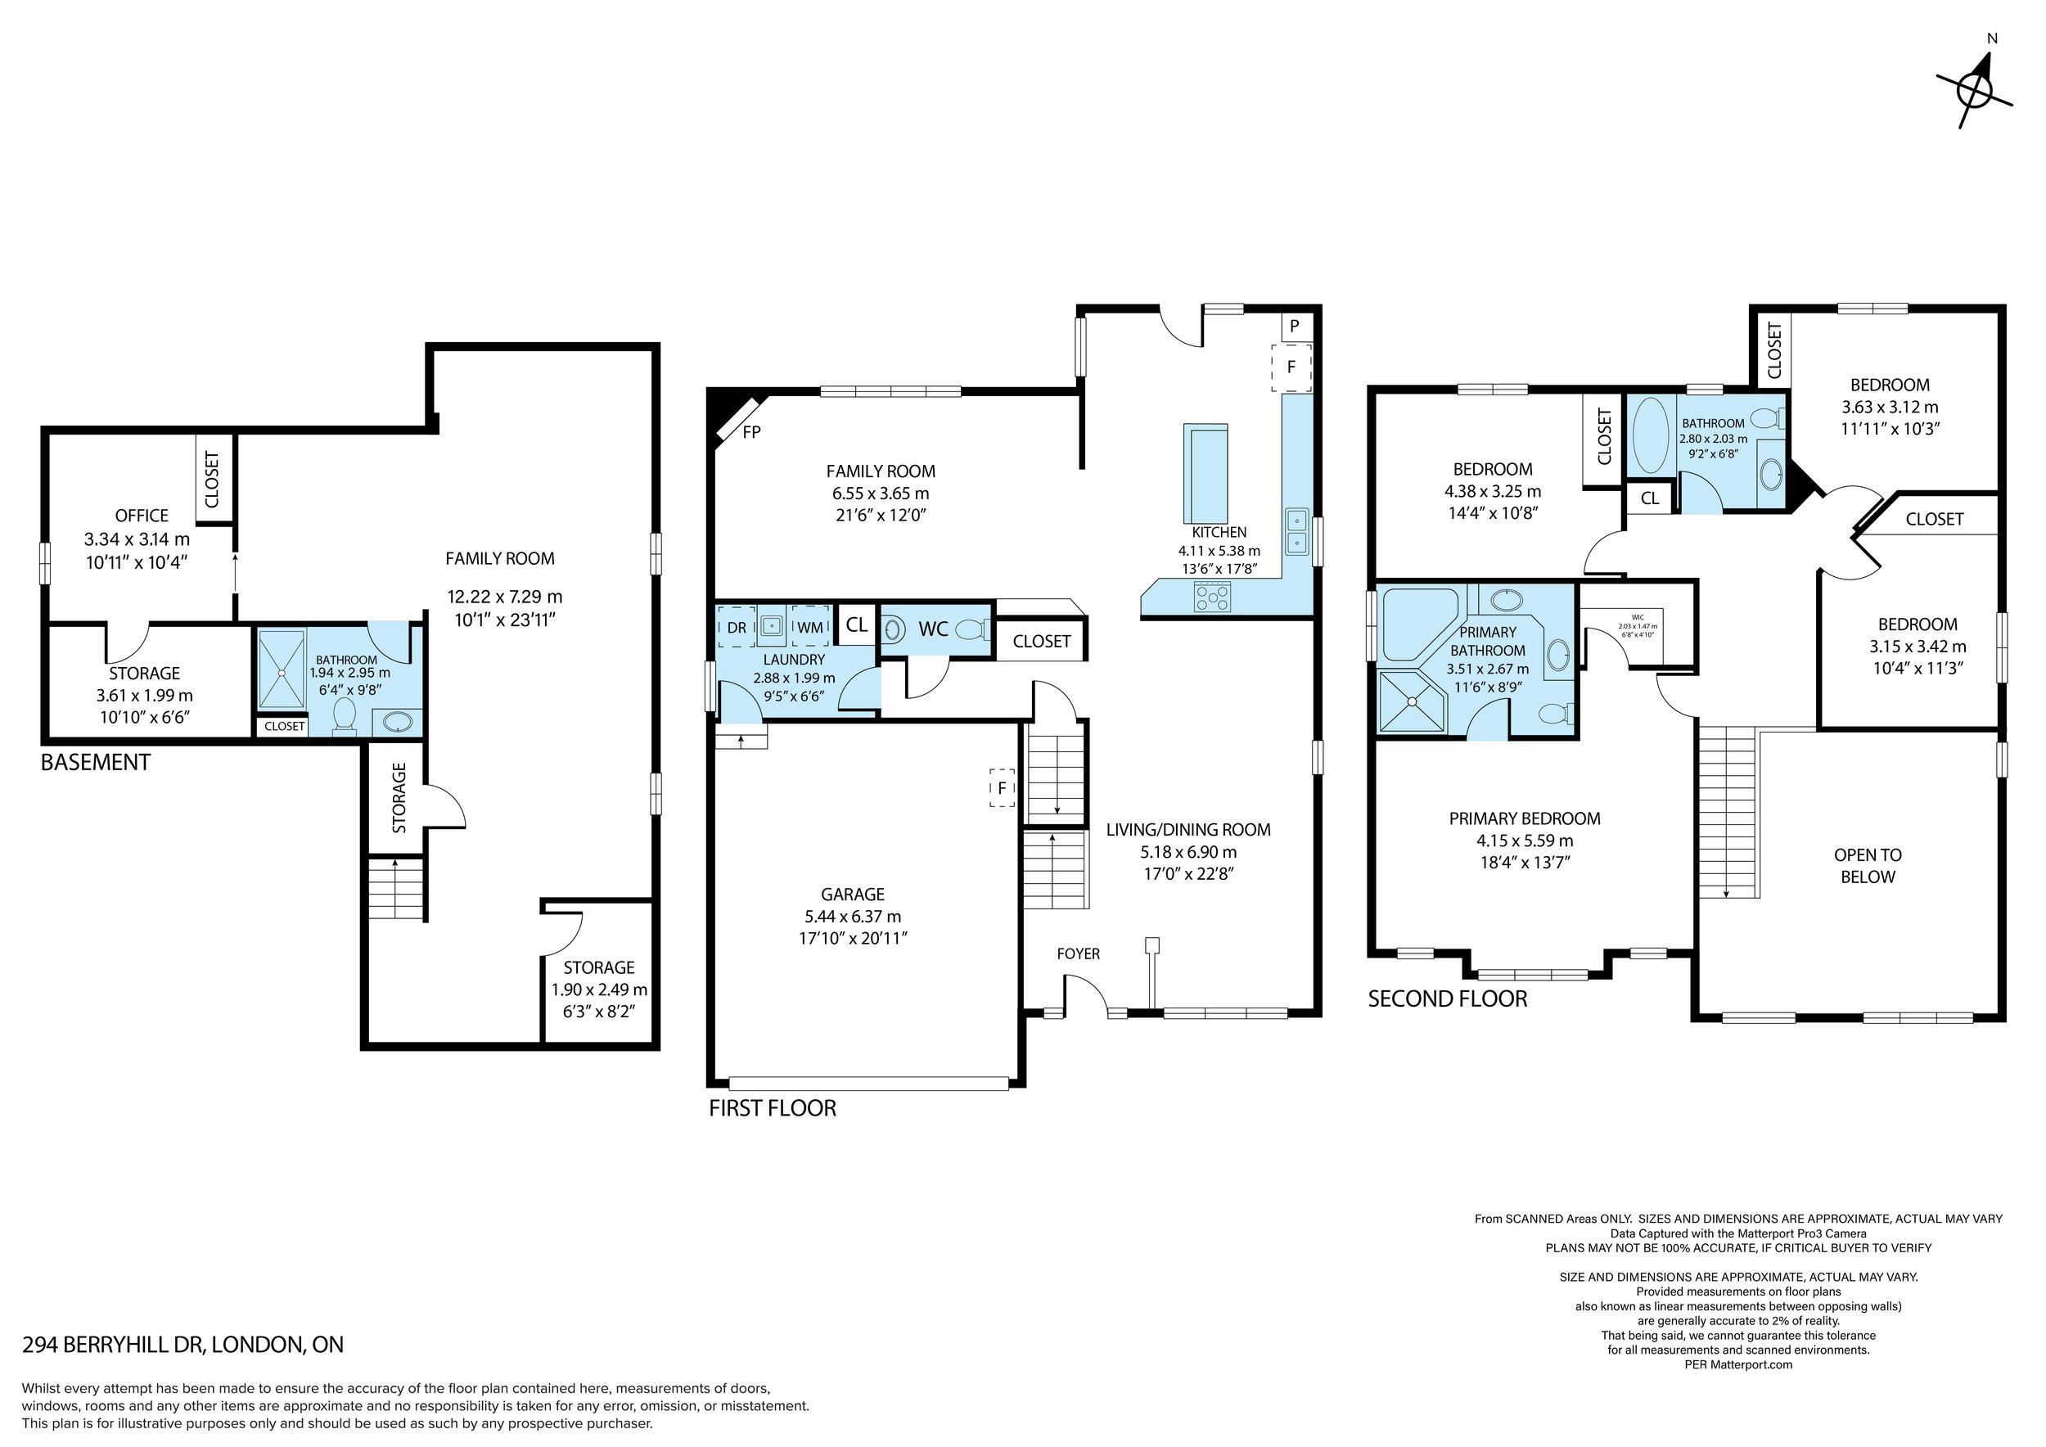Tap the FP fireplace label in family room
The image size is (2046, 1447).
[751, 432]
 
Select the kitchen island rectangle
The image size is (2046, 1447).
[1205, 473]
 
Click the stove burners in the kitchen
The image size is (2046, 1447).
[1213, 596]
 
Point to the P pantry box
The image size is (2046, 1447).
[1294, 326]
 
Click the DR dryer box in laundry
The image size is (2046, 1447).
[736, 627]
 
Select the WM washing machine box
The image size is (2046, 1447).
[810, 627]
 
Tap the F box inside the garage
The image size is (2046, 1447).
[1002, 787]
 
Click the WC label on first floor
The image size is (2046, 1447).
[933, 629]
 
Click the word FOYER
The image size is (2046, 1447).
[1079, 953]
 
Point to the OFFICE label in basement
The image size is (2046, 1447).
[142, 515]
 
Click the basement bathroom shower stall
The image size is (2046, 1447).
[282, 670]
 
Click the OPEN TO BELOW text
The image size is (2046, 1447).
[1868, 865]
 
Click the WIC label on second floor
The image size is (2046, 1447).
[1638, 616]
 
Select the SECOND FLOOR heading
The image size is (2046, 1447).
[1447, 998]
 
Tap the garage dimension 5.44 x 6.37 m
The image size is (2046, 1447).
[853, 916]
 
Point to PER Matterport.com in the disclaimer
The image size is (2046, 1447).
[1737, 1364]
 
